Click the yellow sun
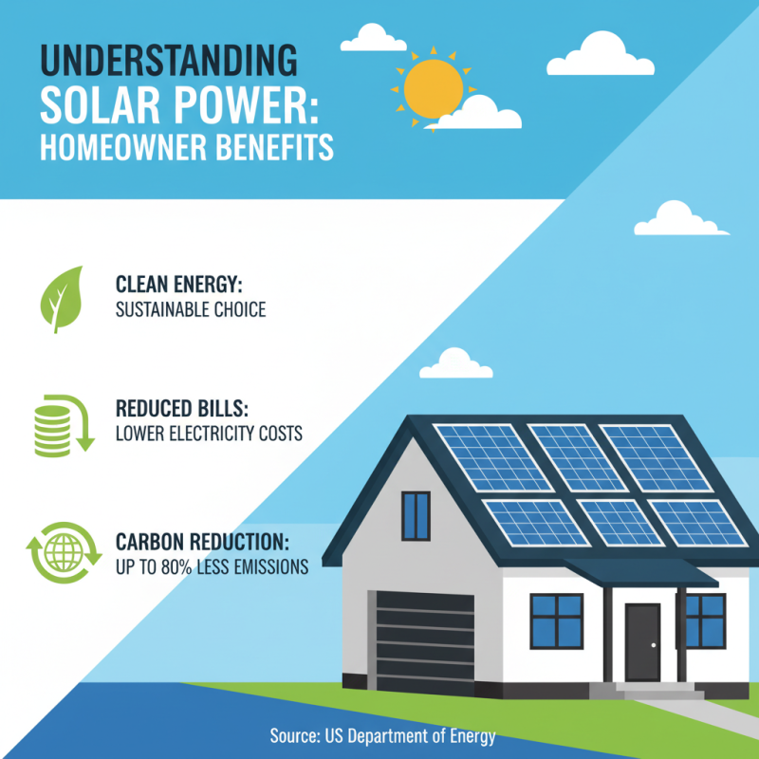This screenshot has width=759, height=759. tap(432, 87)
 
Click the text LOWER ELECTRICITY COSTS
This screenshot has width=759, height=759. tap(208, 435)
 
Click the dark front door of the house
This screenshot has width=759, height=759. tap(642, 642)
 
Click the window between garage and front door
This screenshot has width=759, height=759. tap(556, 620)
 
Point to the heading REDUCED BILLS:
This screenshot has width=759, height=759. tap(182, 410)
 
